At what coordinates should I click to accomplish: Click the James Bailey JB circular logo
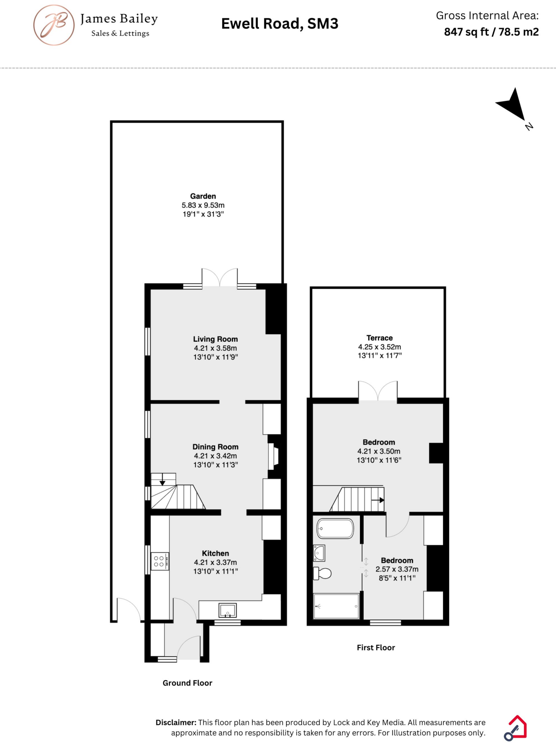click(54, 25)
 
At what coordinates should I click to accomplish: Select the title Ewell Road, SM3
click(279, 24)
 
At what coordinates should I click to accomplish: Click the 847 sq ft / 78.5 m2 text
click(491, 32)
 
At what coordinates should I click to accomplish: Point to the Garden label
click(203, 196)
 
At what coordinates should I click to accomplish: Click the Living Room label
click(215, 339)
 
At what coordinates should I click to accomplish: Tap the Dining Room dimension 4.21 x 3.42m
click(215, 456)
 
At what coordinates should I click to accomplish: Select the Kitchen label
click(215, 553)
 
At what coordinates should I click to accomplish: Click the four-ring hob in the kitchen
click(160, 561)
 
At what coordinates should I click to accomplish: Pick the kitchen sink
click(228, 610)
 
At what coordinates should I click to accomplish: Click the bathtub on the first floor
click(335, 529)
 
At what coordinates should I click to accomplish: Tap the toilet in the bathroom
click(323, 573)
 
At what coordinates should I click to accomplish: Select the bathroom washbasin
click(319, 553)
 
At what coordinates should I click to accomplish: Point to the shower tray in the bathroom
click(336, 606)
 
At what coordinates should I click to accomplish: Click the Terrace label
click(379, 338)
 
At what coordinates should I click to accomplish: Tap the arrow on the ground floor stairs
click(162, 482)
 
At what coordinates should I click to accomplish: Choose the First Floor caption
click(376, 648)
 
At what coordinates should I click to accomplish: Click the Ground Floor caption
click(187, 683)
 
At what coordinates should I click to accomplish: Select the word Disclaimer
click(176, 722)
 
